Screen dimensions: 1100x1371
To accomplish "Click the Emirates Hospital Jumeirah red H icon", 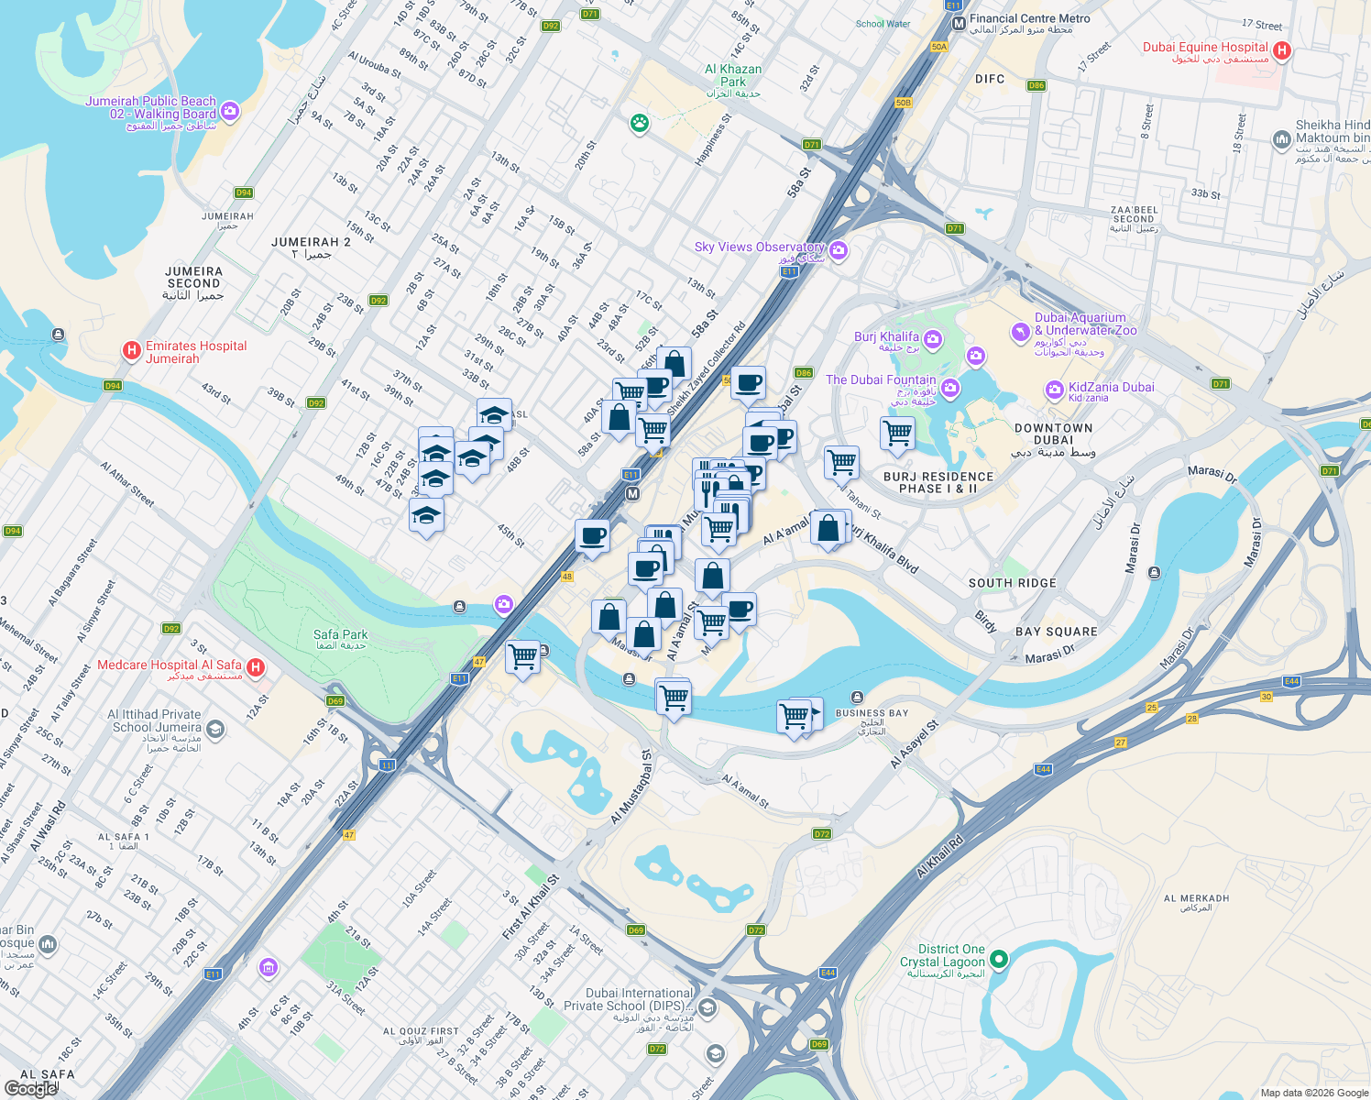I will point(132,350).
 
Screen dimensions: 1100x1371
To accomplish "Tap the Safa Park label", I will point(340,635).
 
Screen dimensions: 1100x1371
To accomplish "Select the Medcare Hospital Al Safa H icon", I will point(257,667).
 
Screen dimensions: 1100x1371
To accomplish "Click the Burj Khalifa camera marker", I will point(933,340).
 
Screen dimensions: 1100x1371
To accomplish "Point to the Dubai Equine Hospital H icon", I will point(1282,51).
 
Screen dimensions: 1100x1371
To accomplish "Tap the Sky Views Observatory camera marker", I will point(839,250).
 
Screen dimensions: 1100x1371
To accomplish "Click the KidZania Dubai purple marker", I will point(1054,390).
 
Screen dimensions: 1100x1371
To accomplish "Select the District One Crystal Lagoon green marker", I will point(999,960).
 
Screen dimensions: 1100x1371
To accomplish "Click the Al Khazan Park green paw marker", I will point(640,123).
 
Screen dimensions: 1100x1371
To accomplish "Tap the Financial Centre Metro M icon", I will point(959,24).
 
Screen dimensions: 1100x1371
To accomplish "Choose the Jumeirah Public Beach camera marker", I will point(230,111).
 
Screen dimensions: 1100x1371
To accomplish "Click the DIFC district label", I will point(990,80).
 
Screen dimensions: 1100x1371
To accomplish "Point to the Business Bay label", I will point(872,713).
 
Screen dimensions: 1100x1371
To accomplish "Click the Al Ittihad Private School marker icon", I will point(215,729).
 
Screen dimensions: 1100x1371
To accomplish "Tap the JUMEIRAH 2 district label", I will point(311,242).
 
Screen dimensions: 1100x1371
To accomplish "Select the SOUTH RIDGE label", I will point(1012,583).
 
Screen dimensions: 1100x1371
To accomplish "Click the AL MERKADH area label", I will point(1196,898).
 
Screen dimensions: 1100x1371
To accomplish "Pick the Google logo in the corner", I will point(30,1089).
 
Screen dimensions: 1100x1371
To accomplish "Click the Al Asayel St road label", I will point(914,744).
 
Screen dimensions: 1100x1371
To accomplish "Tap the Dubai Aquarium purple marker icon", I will point(1021,331).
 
